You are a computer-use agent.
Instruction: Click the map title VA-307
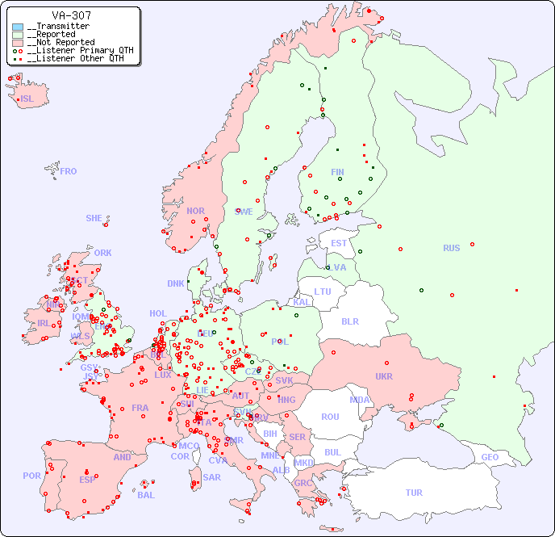pyautogui.click(x=71, y=15)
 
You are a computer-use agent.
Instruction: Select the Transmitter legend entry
pyautogui.click(x=56, y=27)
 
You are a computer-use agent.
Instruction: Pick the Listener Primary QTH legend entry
pyautogui.click(x=71, y=50)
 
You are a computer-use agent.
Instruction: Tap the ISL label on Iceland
pyautogui.click(x=27, y=99)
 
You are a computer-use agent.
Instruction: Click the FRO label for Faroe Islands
pyautogui.click(x=69, y=171)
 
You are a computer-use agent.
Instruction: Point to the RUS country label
pyautogui.click(x=451, y=248)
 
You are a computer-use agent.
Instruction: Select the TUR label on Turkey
pyautogui.click(x=414, y=493)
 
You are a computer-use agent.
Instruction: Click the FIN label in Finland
pyautogui.click(x=337, y=172)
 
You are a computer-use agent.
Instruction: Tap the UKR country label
pyautogui.click(x=384, y=376)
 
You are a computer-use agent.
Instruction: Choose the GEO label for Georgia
pyautogui.click(x=490, y=457)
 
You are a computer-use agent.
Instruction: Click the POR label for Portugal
pyautogui.click(x=31, y=476)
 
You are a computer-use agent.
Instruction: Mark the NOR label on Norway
pyautogui.click(x=195, y=211)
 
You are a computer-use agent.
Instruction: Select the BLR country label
pyautogui.click(x=350, y=321)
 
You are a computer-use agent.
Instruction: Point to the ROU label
pyautogui.click(x=330, y=417)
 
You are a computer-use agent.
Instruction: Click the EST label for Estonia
pyautogui.click(x=339, y=243)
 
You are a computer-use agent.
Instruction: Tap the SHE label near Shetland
pyautogui.click(x=94, y=218)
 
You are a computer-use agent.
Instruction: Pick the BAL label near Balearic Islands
pyautogui.click(x=146, y=495)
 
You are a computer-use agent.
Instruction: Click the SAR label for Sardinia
pyautogui.click(x=211, y=477)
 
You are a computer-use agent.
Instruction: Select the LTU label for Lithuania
pyautogui.click(x=323, y=292)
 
